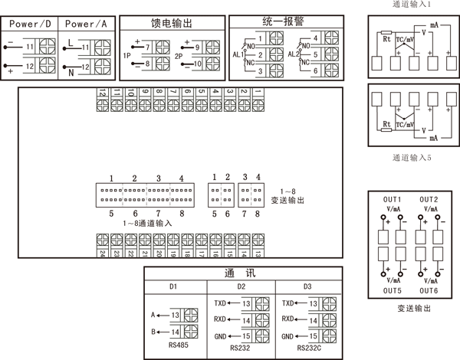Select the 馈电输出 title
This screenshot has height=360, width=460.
click(173, 23)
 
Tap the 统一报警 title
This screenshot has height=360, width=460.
click(282, 23)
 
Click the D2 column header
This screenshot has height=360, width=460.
click(241, 287)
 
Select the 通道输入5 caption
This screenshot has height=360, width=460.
click(412, 158)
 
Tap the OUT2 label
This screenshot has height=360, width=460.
click(429, 199)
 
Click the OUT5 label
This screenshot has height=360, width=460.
click(392, 291)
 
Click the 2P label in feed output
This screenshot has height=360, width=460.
click(179, 56)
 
